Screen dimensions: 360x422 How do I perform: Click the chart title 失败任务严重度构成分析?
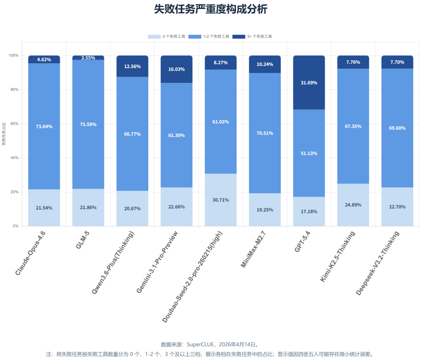click(211, 9)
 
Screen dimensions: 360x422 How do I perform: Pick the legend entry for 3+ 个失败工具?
click(252, 36)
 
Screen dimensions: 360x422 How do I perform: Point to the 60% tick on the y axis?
click(14, 124)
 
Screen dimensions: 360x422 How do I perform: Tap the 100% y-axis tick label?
click(13, 56)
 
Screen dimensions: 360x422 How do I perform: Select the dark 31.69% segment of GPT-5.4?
click(309, 82)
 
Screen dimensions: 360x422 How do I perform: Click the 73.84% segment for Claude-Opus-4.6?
click(44, 126)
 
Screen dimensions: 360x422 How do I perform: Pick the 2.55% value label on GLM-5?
click(88, 58)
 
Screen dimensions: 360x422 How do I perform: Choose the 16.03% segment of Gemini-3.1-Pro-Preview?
click(177, 69)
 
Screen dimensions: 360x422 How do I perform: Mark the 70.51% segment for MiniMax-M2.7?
click(265, 133)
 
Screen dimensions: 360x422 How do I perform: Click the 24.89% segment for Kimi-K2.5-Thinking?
click(353, 205)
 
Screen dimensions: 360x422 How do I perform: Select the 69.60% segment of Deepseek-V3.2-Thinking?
click(397, 128)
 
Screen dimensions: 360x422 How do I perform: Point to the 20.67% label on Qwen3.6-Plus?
click(132, 209)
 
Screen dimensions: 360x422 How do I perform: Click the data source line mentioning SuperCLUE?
click(211, 344)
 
